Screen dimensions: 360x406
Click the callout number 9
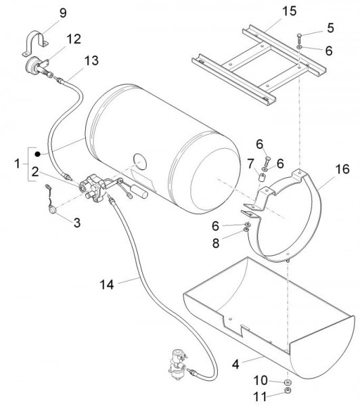click(x=63, y=14)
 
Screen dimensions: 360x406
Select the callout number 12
click(x=74, y=39)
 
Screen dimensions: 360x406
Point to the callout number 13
click(x=91, y=61)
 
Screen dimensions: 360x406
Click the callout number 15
click(x=289, y=11)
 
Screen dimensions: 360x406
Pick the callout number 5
click(x=330, y=28)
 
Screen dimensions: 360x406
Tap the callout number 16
click(x=342, y=169)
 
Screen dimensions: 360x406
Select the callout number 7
click(x=250, y=164)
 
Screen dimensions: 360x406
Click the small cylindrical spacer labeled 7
click(x=261, y=178)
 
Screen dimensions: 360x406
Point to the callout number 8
click(x=216, y=243)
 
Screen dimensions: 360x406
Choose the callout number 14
click(x=107, y=285)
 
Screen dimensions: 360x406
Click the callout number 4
click(x=235, y=364)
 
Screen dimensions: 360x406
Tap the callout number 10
click(x=261, y=380)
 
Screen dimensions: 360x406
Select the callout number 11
click(x=260, y=396)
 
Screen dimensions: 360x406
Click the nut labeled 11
click(x=287, y=390)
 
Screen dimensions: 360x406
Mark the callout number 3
click(x=77, y=223)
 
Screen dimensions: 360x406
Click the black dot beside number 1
click(x=38, y=154)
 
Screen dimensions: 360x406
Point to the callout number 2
click(x=35, y=172)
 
